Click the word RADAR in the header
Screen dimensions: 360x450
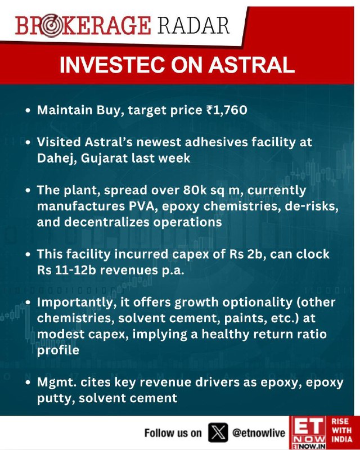point(193,25)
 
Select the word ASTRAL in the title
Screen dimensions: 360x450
point(251,65)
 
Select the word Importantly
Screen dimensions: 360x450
point(75,303)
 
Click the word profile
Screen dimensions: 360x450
point(58,350)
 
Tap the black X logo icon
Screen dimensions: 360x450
point(218,433)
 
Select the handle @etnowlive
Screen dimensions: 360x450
point(259,433)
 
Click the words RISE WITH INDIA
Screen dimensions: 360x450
point(341,430)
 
